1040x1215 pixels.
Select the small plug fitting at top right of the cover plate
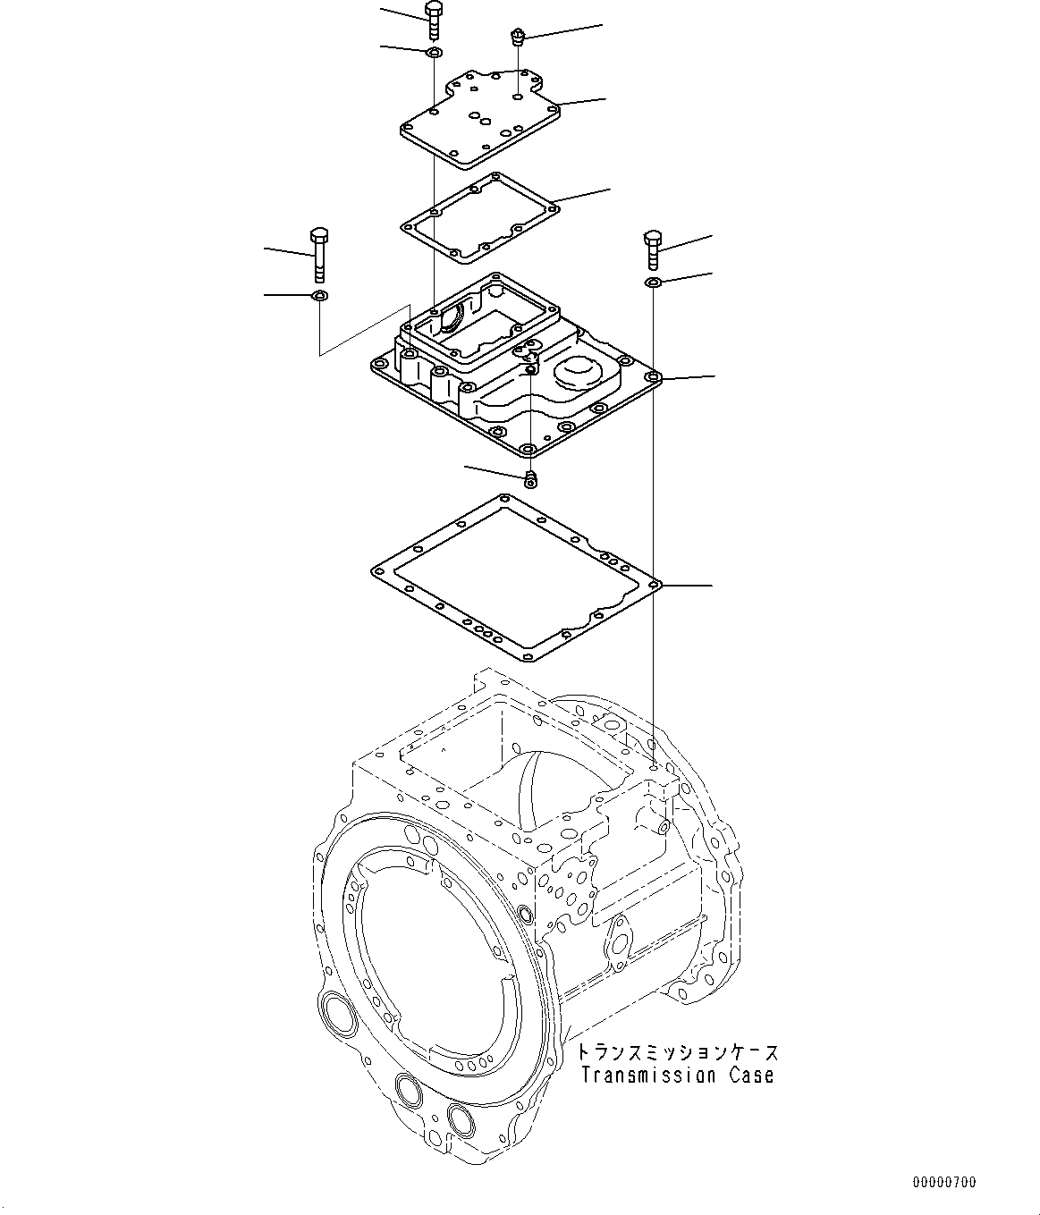[516, 38]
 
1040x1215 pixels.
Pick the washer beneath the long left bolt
[319, 296]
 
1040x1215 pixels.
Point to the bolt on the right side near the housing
[652, 249]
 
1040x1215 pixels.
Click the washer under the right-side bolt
[653, 283]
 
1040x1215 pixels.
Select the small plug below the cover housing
[531, 479]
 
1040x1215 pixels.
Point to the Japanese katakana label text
[677, 1052]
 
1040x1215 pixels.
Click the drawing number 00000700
[944, 1182]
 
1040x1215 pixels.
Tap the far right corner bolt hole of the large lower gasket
[655, 586]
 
